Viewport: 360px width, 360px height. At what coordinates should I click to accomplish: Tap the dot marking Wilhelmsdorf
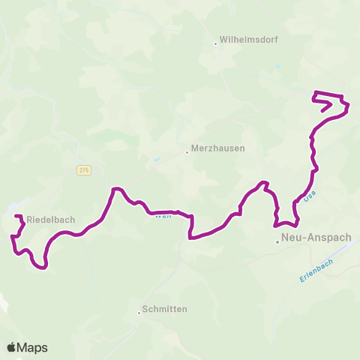(x=215, y=43)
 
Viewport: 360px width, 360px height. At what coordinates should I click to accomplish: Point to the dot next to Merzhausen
(x=187, y=152)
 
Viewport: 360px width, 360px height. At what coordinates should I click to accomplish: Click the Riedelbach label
(x=49, y=220)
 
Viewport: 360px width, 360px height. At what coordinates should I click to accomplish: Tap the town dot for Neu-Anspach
(x=277, y=241)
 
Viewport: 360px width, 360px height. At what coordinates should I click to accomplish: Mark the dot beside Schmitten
(x=139, y=313)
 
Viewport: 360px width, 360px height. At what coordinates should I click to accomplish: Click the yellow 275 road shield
(x=83, y=171)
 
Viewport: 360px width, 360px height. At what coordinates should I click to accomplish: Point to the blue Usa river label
(x=310, y=194)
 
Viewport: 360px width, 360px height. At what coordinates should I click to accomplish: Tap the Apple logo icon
(x=12, y=347)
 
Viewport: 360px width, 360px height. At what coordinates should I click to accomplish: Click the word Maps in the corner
(x=33, y=347)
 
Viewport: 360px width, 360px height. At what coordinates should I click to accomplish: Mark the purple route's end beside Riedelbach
(x=17, y=217)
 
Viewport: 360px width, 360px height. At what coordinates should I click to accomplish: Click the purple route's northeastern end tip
(x=323, y=111)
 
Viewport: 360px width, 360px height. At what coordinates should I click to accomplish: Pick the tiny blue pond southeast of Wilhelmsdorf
(x=279, y=67)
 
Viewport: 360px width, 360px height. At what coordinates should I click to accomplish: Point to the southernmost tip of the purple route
(x=45, y=267)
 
